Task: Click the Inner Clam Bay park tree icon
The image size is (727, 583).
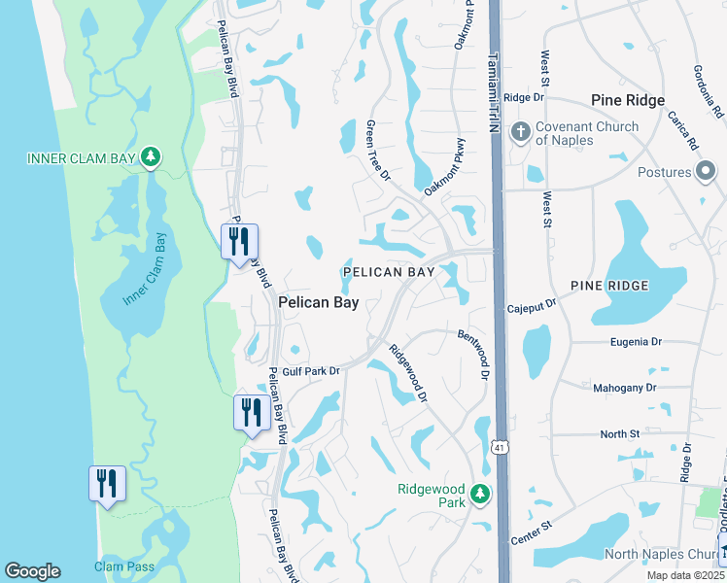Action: click(x=150, y=157)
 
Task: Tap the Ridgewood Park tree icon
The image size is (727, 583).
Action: click(x=479, y=495)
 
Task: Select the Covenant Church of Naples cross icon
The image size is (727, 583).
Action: click(x=520, y=131)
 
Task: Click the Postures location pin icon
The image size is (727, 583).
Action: click(x=707, y=172)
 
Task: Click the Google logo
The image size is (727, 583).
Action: click(x=32, y=571)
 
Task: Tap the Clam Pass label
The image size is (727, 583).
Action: click(x=119, y=566)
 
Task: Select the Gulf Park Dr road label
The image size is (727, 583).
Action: click(x=313, y=371)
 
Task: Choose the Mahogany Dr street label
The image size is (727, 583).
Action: click(x=624, y=388)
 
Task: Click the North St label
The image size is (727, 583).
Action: click(x=619, y=433)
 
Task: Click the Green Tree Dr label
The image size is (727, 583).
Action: click(x=377, y=151)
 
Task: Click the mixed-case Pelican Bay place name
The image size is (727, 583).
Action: click(x=319, y=303)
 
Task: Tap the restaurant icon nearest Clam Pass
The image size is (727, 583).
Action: click(x=107, y=484)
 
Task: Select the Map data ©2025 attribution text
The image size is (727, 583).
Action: click(x=686, y=575)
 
